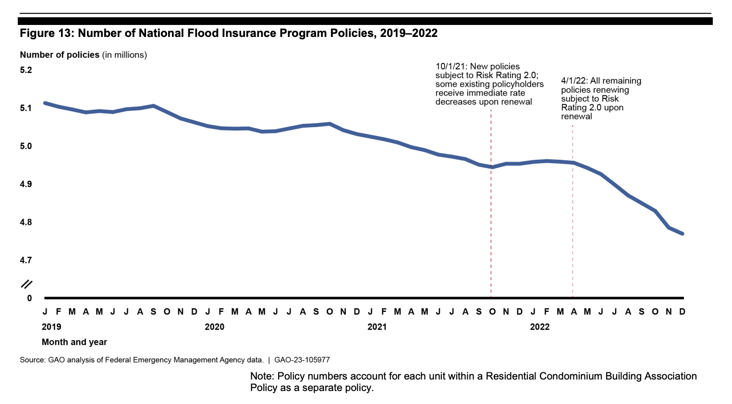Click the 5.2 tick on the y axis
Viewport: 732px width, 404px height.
pyautogui.click(x=26, y=70)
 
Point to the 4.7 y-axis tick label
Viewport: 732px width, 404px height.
pyautogui.click(x=26, y=260)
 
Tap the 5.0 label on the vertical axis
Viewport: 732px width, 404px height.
pyautogui.click(x=26, y=146)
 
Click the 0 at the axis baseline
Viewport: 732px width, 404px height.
pyautogui.click(x=29, y=298)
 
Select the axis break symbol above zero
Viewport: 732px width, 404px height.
pyautogui.click(x=27, y=284)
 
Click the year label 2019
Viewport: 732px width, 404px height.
pyautogui.click(x=51, y=327)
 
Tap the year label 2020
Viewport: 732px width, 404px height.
pyautogui.click(x=214, y=327)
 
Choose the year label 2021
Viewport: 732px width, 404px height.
pyautogui.click(x=377, y=327)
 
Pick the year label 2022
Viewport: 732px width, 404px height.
pyautogui.click(x=539, y=327)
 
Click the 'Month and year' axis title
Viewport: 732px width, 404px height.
pyautogui.click(x=74, y=342)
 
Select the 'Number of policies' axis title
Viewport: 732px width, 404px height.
pyautogui.click(x=60, y=55)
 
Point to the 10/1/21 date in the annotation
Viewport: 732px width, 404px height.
pyautogui.click(x=451, y=67)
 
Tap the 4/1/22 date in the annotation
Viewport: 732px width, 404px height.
pyautogui.click(x=573, y=81)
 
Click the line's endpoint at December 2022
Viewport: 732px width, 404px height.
pyautogui.click(x=683, y=234)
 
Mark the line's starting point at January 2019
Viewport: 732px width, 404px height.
pyautogui.click(x=45, y=103)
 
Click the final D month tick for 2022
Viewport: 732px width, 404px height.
pyautogui.click(x=682, y=312)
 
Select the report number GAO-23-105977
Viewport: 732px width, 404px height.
pyautogui.click(x=302, y=360)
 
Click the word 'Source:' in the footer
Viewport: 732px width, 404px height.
pyautogui.click(x=33, y=360)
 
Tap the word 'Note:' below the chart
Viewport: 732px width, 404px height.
pyautogui.click(x=262, y=376)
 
